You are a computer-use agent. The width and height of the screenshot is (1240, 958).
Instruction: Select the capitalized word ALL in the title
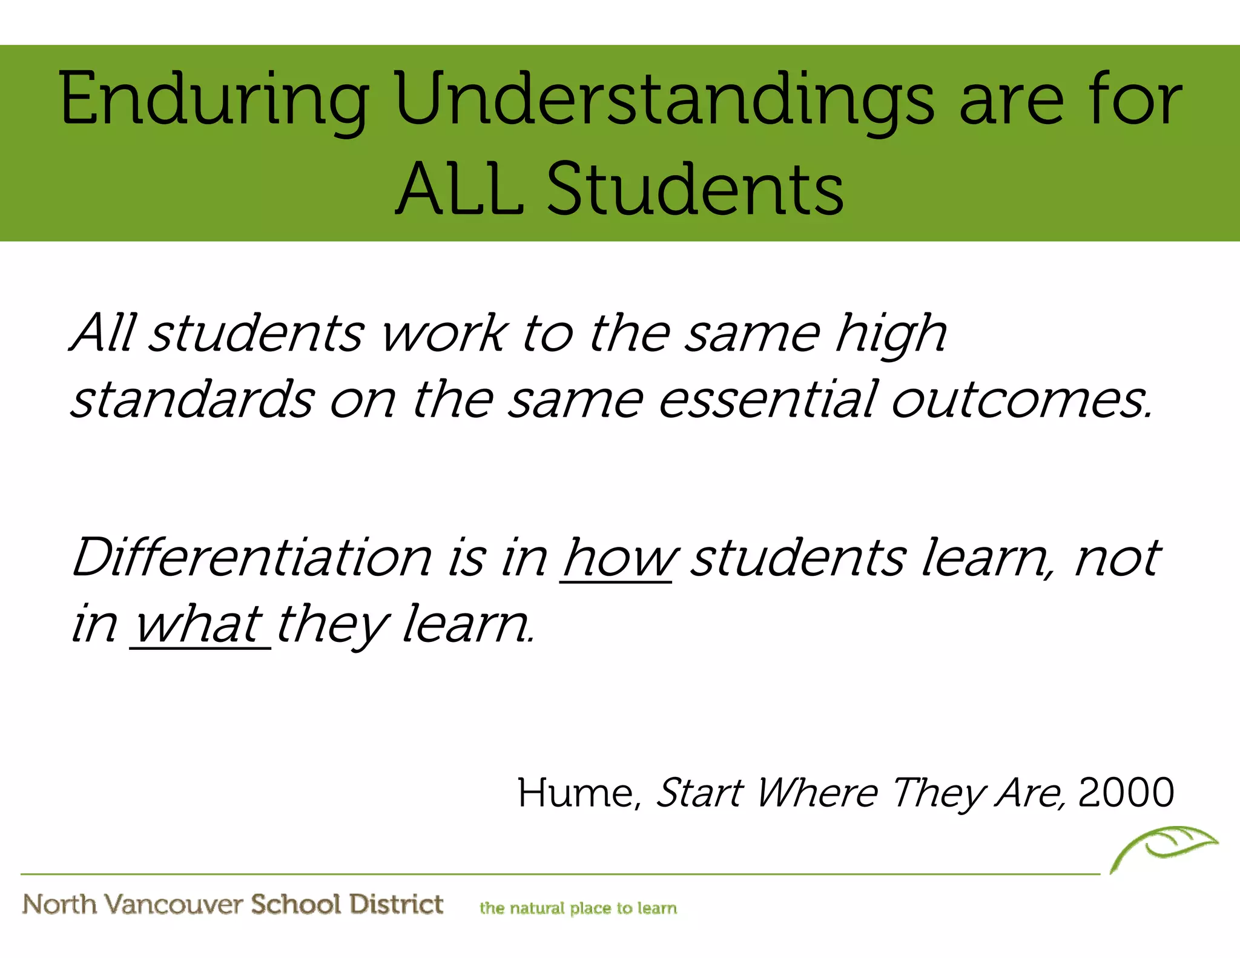460,189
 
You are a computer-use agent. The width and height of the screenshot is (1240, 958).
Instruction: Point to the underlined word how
617,558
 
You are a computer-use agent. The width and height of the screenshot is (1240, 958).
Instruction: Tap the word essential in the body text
767,400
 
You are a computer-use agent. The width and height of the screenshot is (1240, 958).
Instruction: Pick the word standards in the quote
193,400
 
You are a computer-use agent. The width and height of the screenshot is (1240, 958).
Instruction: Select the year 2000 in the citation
1126,793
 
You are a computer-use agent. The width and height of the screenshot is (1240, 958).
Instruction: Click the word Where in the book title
817,793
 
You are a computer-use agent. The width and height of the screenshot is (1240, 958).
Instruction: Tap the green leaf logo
1164,847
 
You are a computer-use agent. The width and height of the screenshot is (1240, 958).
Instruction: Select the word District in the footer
397,904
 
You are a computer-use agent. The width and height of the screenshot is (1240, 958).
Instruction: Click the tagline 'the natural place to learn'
578,908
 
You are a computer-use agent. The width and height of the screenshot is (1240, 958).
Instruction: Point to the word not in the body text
1117,558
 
